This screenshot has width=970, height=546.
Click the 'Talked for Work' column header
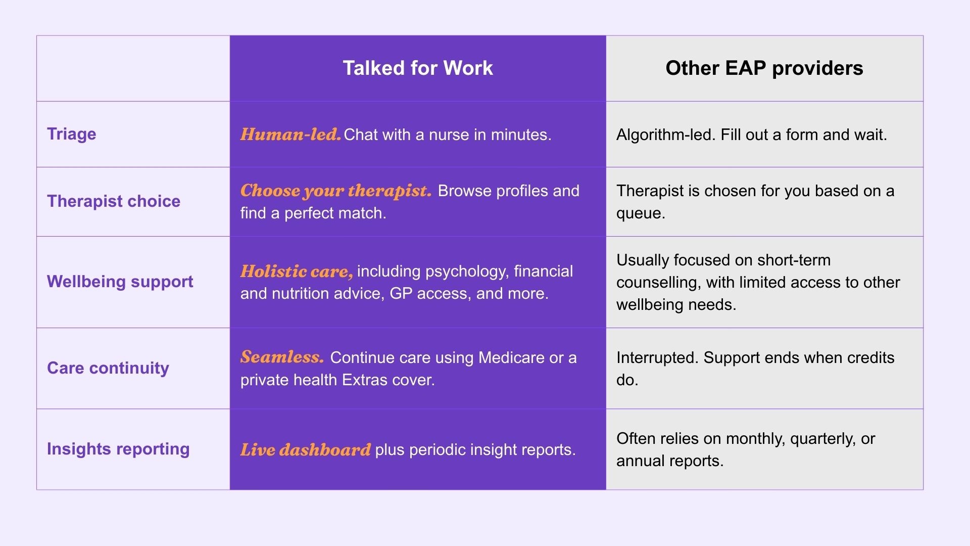pyautogui.click(x=418, y=68)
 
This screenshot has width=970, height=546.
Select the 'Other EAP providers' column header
pyautogui.click(x=764, y=68)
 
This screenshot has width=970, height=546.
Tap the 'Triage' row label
pyautogui.click(x=72, y=134)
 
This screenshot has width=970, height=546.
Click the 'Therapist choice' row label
pyautogui.click(x=114, y=201)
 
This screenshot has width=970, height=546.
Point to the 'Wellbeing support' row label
pyautogui.click(x=120, y=282)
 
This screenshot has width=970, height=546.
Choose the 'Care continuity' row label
pyautogui.click(x=108, y=368)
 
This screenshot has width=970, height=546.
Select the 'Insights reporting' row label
pyautogui.click(x=118, y=449)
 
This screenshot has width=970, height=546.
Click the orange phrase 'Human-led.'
pyautogui.click(x=290, y=134)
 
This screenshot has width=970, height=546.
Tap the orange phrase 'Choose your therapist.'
pyautogui.click(x=336, y=191)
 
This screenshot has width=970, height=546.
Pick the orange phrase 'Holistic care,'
pyautogui.click(x=297, y=271)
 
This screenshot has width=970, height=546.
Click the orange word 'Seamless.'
pyautogui.click(x=282, y=357)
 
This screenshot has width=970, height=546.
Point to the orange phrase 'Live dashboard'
pyautogui.click(x=305, y=450)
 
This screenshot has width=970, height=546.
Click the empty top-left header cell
pyautogui.click(x=133, y=68)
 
